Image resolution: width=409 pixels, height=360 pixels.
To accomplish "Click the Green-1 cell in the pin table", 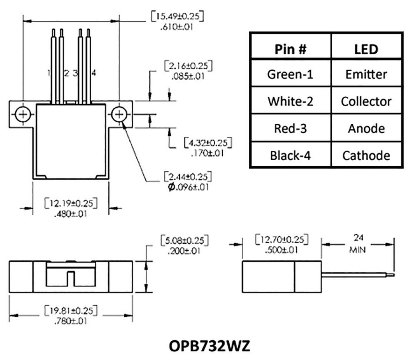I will pyautogui.click(x=290, y=74).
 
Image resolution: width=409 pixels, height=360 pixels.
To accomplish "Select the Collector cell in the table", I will pyautogui.click(x=366, y=101).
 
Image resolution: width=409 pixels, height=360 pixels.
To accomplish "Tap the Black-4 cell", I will pyautogui.click(x=290, y=155).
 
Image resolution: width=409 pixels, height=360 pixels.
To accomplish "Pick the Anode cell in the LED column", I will pyautogui.click(x=366, y=128).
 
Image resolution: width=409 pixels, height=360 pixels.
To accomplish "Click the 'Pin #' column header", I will pyautogui.click(x=290, y=49).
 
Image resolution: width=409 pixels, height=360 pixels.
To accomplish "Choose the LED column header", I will pyautogui.click(x=366, y=49).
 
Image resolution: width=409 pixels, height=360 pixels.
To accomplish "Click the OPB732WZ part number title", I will pyautogui.click(x=204, y=346).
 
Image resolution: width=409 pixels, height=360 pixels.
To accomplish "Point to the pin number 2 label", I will pyautogui.click(x=66, y=73).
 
